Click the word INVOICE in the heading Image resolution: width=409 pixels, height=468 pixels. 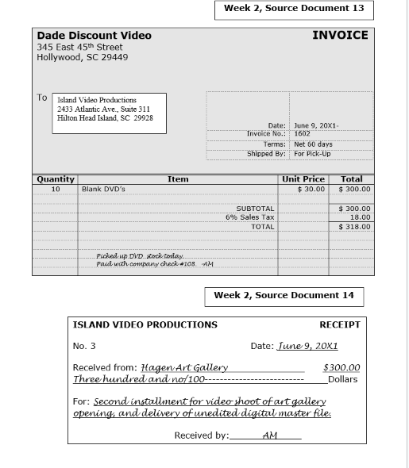[x=340, y=35]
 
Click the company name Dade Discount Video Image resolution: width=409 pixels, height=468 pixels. [x=94, y=36]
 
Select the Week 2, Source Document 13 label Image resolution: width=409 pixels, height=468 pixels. [x=294, y=9]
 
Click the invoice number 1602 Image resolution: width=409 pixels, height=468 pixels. [x=303, y=135]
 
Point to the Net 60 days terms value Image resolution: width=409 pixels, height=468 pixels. [x=313, y=144]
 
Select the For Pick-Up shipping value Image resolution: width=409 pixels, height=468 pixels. [x=313, y=154]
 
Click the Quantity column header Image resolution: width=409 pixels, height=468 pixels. [x=56, y=179]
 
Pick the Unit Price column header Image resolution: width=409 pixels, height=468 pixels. [x=303, y=179]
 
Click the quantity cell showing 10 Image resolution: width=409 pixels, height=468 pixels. [x=56, y=190]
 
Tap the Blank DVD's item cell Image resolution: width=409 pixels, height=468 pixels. [x=103, y=190]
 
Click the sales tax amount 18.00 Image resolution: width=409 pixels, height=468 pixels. [x=361, y=217]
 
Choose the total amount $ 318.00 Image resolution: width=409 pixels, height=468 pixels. [x=354, y=227]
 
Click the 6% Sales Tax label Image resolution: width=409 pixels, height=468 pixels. [x=249, y=217]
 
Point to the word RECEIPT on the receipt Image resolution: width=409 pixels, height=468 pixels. [x=339, y=324]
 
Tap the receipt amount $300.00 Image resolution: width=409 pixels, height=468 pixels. [x=341, y=367]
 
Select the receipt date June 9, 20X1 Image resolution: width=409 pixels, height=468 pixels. [x=307, y=346]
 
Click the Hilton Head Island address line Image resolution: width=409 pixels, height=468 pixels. [x=105, y=118]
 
